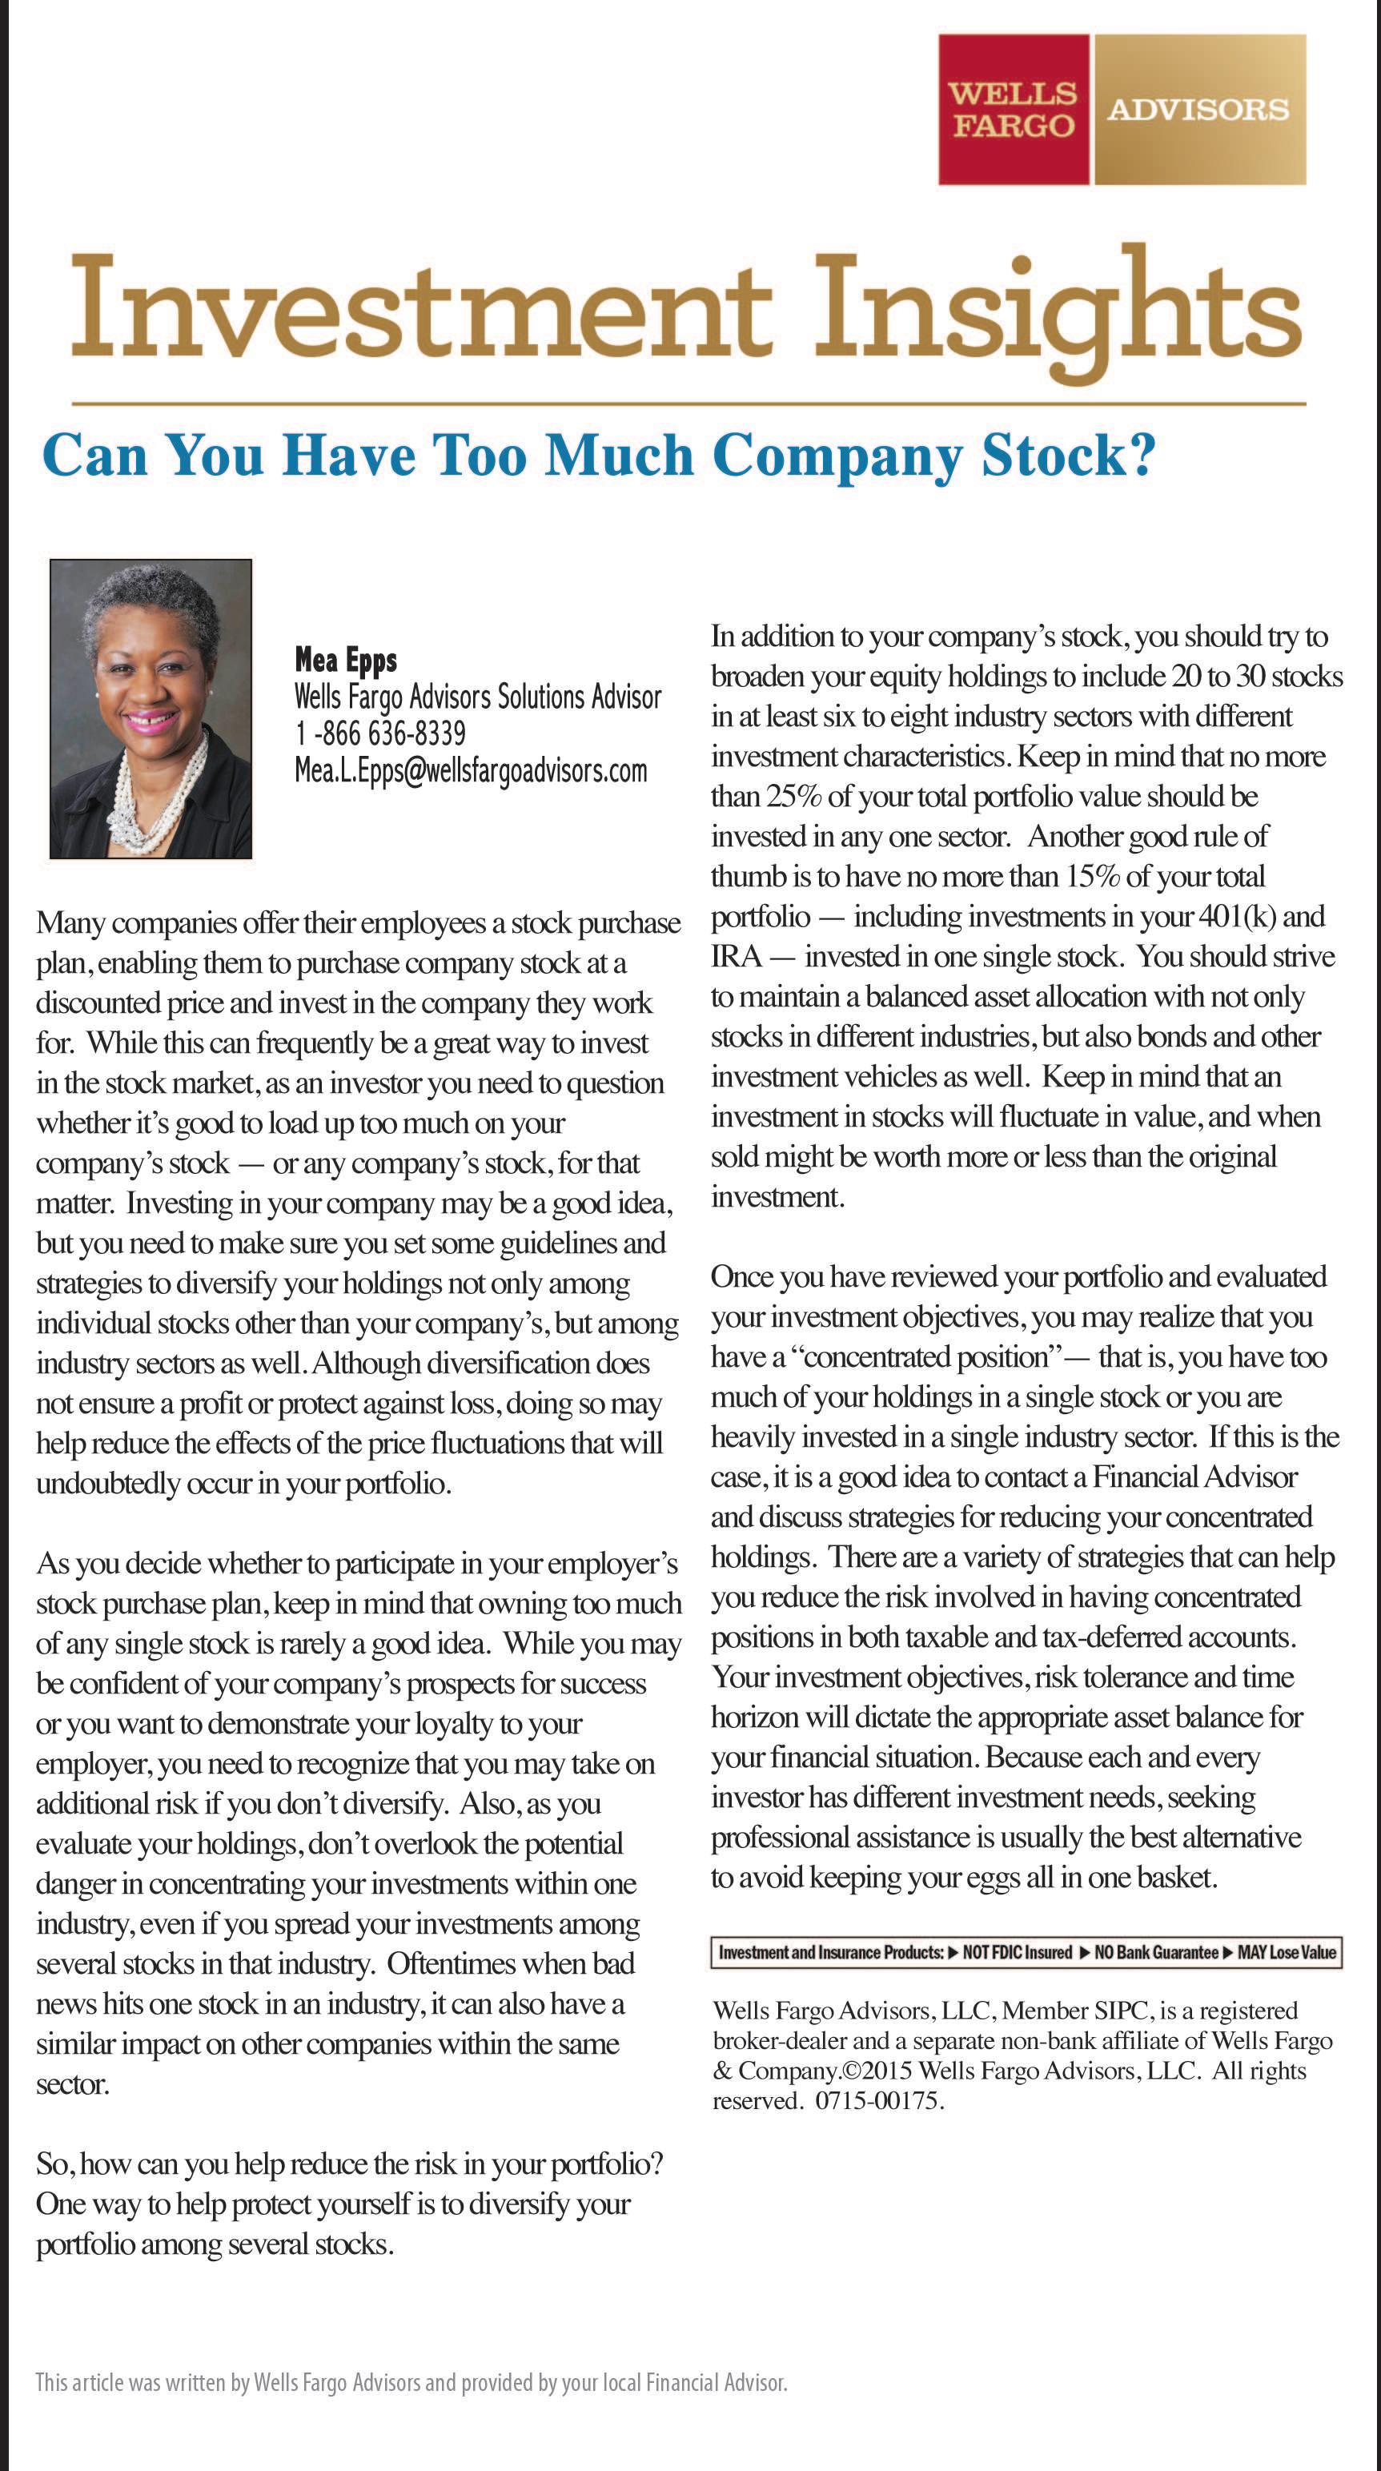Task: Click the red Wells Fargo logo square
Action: [x=1013, y=110]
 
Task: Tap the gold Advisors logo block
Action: [x=1198, y=110]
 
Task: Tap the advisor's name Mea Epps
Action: [x=345, y=659]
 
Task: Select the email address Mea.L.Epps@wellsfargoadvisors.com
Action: [x=471, y=770]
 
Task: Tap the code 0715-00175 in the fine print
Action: [x=878, y=2101]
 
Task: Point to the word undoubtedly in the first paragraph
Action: [x=110, y=1484]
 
